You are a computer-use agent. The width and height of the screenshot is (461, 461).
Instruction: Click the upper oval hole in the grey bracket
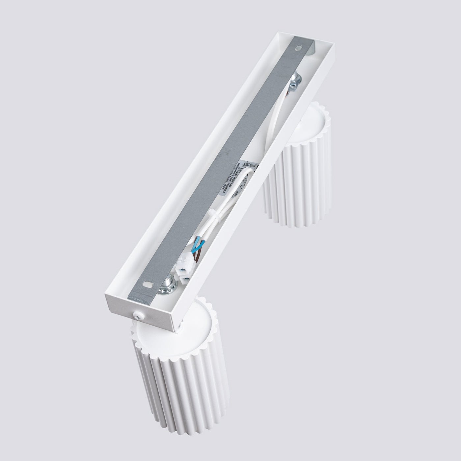tap(299, 48)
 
